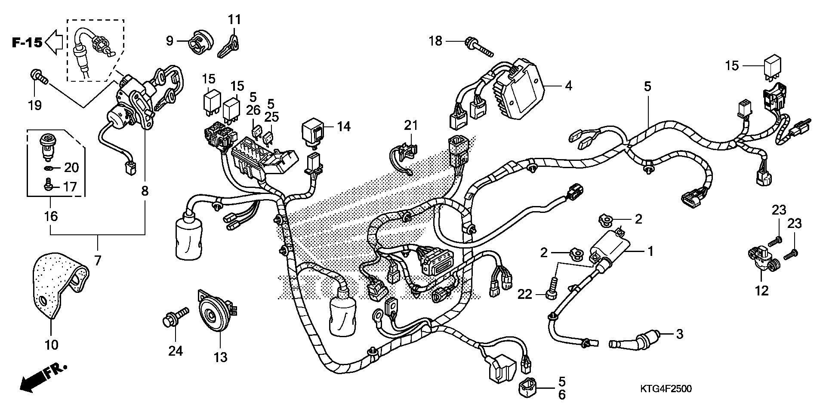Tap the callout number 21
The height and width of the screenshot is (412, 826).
click(x=411, y=126)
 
